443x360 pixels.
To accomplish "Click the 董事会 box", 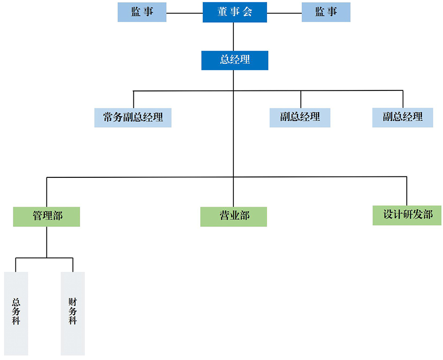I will (x=235, y=12).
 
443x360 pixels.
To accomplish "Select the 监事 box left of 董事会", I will (x=142, y=12).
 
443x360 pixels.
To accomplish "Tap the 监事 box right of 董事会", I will (x=326, y=12).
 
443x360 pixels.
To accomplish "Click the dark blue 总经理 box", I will (x=235, y=60).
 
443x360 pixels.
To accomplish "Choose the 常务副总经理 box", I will (x=133, y=117).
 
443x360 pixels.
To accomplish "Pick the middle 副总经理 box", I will (x=300, y=117).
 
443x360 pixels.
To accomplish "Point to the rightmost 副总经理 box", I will (x=403, y=117).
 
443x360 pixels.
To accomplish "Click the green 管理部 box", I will (x=47, y=217).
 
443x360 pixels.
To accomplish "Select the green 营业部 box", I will (x=233, y=217).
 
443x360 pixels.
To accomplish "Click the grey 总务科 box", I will (x=16, y=313).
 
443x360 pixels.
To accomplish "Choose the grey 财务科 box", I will (x=73, y=313).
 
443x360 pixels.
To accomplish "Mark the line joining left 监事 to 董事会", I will (x=185, y=13).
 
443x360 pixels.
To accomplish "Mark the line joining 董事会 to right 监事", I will (x=284, y=13).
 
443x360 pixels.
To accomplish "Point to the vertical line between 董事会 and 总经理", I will (x=233, y=37).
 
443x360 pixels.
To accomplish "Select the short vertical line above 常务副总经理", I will (x=133, y=99).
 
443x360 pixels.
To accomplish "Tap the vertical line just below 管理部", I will (x=47, y=242).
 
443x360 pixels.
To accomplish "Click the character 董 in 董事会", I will (x=222, y=12).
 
